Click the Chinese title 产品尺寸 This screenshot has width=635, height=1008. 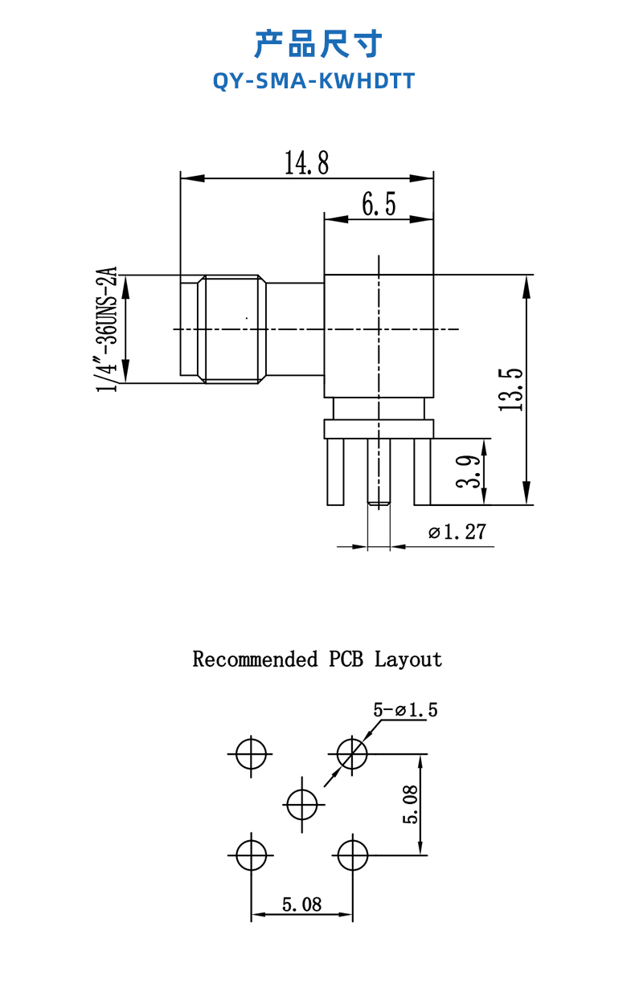(x=317, y=44)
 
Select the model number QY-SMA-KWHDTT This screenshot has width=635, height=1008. (x=314, y=81)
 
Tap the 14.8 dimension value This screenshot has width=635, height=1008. (x=306, y=164)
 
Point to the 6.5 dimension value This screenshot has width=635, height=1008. (x=379, y=206)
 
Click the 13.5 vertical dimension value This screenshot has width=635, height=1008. (x=511, y=390)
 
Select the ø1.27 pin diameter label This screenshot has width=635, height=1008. (x=457, y=532)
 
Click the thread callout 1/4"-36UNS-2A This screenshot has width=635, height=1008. (x=108, y=329)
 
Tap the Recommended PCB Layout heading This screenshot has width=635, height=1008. (x=317, y=659)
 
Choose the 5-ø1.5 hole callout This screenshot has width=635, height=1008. (x=406, y=710)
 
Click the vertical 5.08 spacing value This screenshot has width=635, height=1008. (x=410, y=804)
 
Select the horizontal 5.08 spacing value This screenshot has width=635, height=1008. (x=301, y=904)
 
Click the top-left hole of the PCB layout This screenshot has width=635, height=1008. (x=252, y=753)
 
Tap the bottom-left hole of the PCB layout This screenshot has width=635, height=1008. (x=252, y=854)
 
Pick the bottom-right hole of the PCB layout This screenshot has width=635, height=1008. (x=352, y=854)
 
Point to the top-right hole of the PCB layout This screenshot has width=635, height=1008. (x=352, y=753)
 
